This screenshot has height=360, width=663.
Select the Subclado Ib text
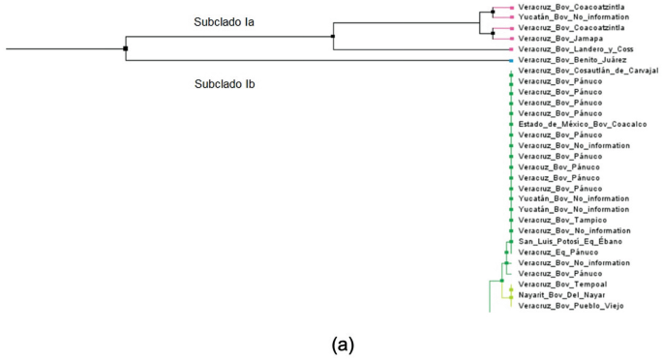click(x=224, y=84)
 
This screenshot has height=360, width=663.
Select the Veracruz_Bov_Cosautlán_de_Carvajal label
click(x=588, y=71)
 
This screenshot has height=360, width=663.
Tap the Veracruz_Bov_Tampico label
click(x=557, y=221)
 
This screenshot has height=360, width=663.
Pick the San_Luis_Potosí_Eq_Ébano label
click(x=571, y=242)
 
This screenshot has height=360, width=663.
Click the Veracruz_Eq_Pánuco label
click(x=551, y=253)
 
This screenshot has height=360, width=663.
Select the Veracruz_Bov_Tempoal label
click(x=558, y=285)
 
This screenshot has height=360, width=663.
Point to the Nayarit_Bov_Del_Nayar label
click(x=560, y=295)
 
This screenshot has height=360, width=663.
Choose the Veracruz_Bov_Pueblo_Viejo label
click(x=571, y=306)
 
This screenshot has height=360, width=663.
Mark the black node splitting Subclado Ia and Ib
click(x=126, y=48)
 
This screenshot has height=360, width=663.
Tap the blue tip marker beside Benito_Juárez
click(x=510, y=60)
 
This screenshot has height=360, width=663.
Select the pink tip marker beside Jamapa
click(x=510, y=39)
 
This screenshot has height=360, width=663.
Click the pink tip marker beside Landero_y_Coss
click(x=510, y=49)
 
